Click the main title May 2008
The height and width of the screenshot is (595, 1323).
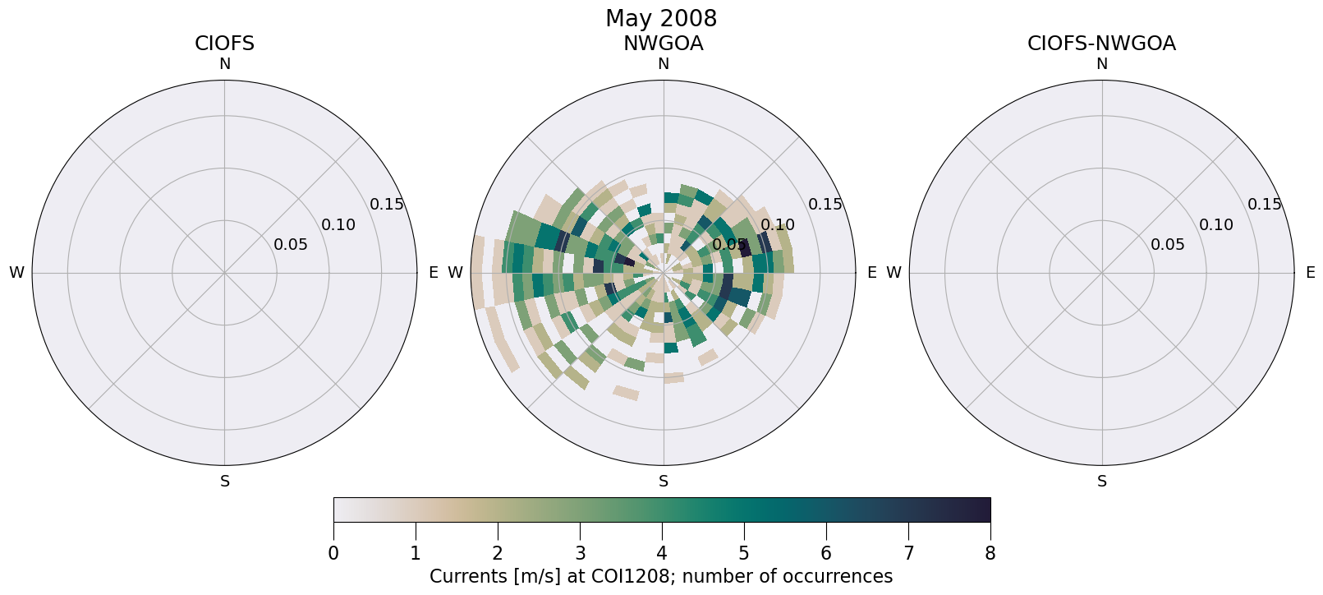pos(661,18)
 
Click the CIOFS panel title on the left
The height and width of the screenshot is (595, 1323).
pos(224,44)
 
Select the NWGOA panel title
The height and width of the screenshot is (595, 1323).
pos(663,44)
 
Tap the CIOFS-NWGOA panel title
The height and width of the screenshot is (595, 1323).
pos(1101,44)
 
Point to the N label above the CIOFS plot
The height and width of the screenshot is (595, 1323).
pos(224,64)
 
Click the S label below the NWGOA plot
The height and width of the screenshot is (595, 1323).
pos(664,482)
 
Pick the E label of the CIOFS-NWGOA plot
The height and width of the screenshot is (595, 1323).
pos(1310,273)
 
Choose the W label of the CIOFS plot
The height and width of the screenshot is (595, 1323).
pos(16,273)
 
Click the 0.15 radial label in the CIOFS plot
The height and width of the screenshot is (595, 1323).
pos(387,205)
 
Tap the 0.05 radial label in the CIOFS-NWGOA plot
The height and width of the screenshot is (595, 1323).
pos(1168,245)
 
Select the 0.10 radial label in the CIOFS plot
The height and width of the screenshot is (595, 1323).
pos(338,225)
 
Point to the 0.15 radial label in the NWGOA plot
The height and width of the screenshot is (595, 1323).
pos(825,205)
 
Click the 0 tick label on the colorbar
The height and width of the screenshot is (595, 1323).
pos(333,554)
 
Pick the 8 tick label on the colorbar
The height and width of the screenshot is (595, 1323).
pos(990,554)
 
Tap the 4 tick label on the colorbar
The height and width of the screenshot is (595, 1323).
pos(662,554)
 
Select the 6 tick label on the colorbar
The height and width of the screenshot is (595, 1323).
pos(826,554)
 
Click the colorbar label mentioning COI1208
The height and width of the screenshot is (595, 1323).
pos(661,577)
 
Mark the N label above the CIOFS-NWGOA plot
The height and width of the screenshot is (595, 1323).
pos(1102,64)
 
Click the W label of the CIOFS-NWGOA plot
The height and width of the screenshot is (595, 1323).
pos(894,273)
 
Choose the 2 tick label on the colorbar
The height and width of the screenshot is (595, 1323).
pos(498,554)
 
